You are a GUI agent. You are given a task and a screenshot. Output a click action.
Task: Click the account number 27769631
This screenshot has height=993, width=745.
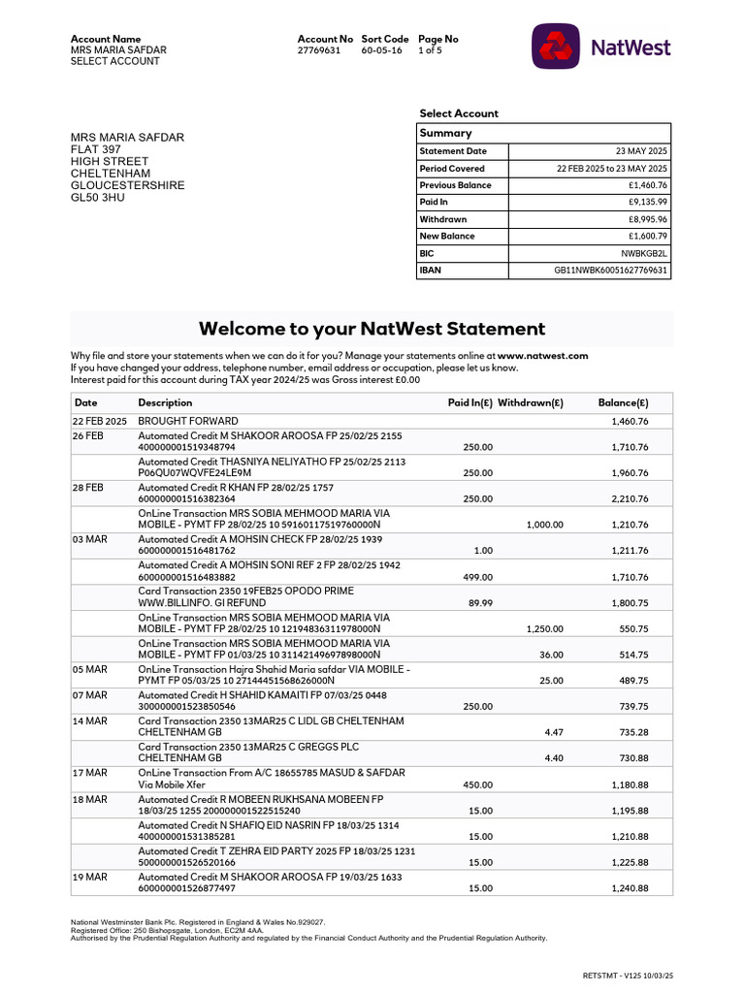[318, 50]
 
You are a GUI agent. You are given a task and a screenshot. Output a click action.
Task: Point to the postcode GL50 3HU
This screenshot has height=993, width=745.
[98, 198]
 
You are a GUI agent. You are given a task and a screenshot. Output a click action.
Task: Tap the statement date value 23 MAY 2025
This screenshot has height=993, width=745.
[641, 151]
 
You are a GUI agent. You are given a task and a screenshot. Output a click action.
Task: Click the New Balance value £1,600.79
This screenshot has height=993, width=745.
[648, 237]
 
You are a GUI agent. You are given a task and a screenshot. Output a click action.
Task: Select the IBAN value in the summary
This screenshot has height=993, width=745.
[610, 271]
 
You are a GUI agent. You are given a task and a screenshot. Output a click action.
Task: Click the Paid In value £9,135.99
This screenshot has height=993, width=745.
[648, 203]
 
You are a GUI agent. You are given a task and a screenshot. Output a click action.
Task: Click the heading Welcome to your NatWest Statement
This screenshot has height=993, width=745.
[372, 329]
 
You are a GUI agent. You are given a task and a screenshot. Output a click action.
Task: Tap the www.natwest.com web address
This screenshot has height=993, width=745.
[542, 356]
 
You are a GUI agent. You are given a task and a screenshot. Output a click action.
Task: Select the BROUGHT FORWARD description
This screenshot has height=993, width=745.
[187, 422]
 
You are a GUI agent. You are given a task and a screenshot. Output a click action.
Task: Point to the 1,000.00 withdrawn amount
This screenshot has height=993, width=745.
[544, 525]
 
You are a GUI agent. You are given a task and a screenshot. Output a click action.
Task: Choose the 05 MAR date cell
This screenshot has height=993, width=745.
[89, 669]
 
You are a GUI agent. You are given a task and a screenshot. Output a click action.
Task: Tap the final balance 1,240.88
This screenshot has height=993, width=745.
[630, 888]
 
